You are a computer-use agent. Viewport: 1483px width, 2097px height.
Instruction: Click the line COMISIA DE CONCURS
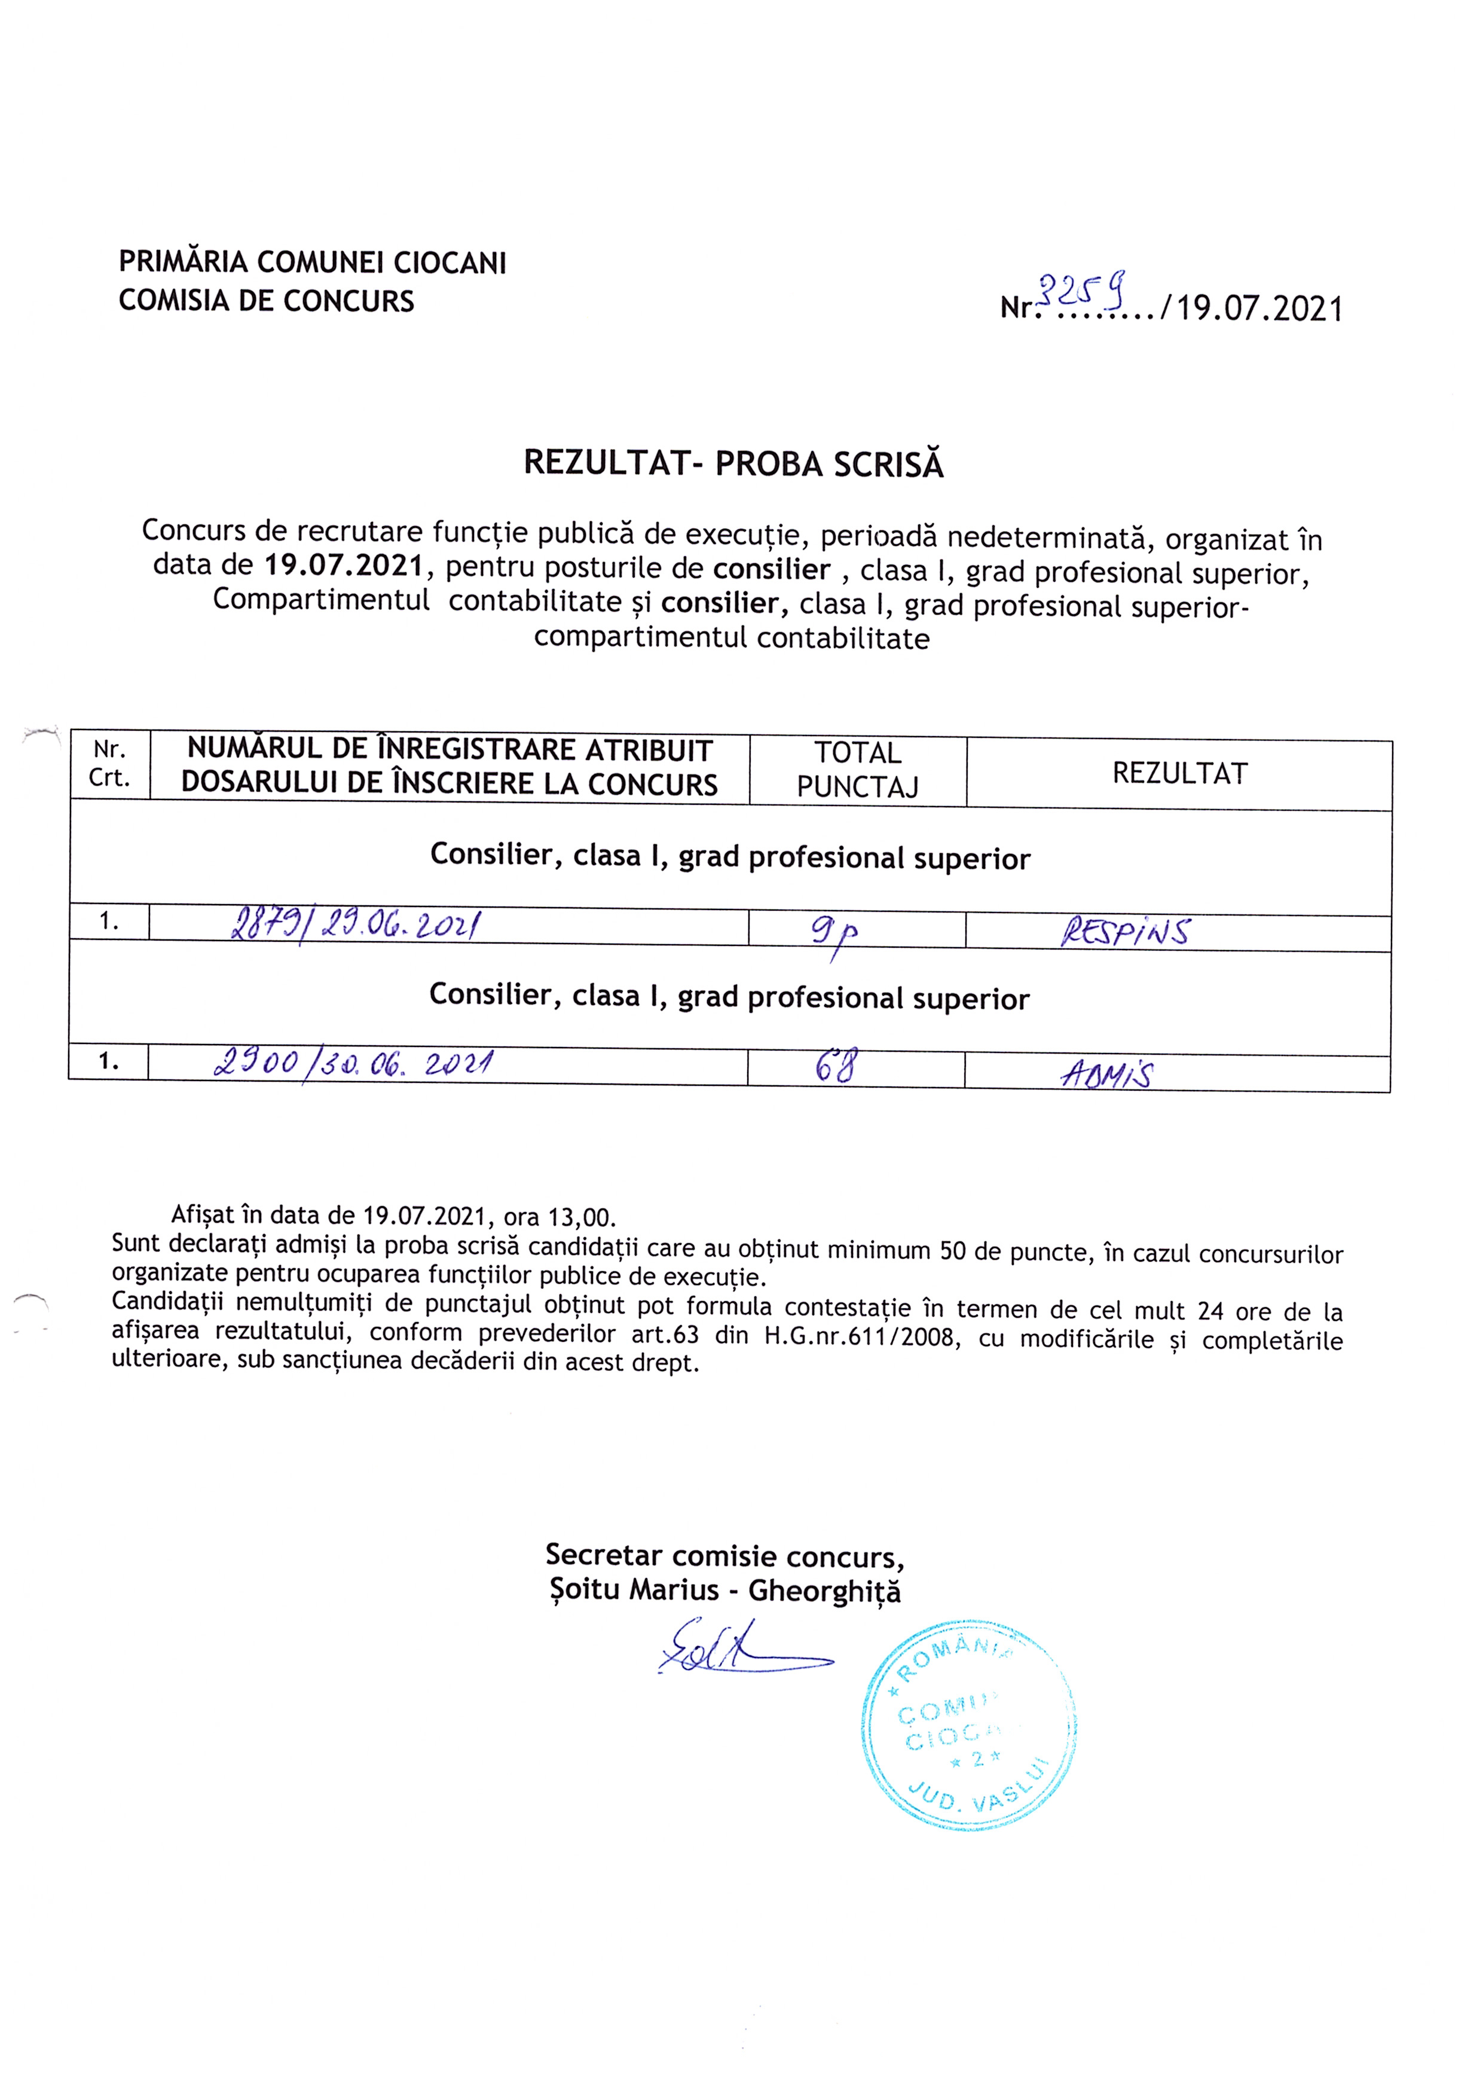tap(267, 301)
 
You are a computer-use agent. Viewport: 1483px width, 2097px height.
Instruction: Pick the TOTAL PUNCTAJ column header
tap(858, 770)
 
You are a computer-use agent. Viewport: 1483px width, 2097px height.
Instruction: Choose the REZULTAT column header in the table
tap(1179, 774)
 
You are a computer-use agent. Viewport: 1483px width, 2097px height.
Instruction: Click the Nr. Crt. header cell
tap(109, 764)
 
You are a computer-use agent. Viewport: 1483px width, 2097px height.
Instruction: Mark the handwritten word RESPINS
tap(1125, 932)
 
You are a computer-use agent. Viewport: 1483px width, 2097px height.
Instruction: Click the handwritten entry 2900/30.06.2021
tap(353, 1063)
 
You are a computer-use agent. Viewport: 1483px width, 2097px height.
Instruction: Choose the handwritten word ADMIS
tap(1106, 1074)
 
